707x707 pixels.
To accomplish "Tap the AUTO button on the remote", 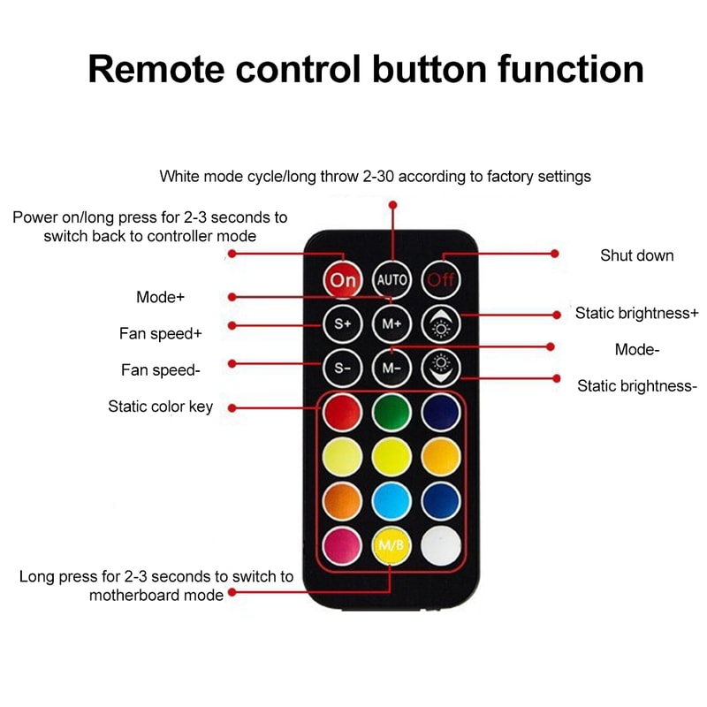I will (x=392, y=280).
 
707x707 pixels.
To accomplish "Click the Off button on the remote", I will (x=440, y=280).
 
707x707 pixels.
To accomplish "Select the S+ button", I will (x=342, y=323).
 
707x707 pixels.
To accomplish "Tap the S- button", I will (x=342, y=367).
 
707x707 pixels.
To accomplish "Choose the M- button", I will (x=392, y=367).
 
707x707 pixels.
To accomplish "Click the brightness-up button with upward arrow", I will (x=440, y=323).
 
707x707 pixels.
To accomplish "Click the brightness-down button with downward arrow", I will (x=440, y=367).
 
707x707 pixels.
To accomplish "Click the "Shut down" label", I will (x=636, y=255).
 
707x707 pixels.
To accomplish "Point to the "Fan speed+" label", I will (x=161, y=334).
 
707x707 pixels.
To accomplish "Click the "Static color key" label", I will (x=161, y=407).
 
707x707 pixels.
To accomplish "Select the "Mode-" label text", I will (x=637, y=350).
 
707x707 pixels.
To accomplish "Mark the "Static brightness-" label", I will (x=637, y=386).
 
